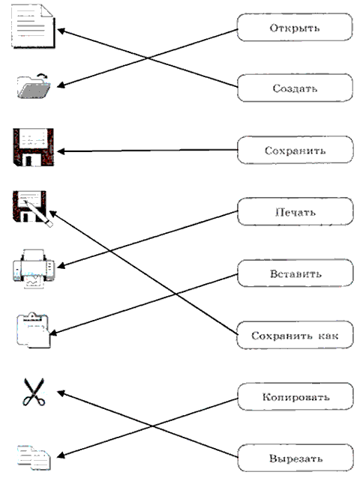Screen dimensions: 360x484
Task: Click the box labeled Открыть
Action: [x=295, y=27]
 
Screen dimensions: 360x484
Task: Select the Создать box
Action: [x=295, y=88]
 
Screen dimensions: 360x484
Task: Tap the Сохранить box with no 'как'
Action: [x=295, y=150]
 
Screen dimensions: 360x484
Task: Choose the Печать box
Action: [x=295, y=212]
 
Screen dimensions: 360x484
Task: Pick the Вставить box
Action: [x=295, y=273]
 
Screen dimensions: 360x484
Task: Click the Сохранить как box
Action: [x=295, y=335]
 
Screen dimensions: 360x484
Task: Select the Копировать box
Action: [x=295, y=396]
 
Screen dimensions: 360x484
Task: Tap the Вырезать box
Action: [x=295, y=458]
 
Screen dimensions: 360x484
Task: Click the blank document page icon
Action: [x=33, y=27]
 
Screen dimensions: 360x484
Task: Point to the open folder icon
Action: [x=34, y=86]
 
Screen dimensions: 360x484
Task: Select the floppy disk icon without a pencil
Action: [x=33, y=148]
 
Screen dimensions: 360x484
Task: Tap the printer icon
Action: [x=34, y=269]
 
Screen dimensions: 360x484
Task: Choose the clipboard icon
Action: [x=33, y=330]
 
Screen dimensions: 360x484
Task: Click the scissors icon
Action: [x=34, y=392]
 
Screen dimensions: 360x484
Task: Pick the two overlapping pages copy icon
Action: [x=34, y=458]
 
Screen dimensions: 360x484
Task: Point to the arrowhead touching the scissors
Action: [x=61, y=393]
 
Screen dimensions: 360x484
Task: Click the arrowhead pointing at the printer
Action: [x=61, y=266]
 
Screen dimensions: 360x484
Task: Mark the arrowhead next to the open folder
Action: [x=61, y=85]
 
